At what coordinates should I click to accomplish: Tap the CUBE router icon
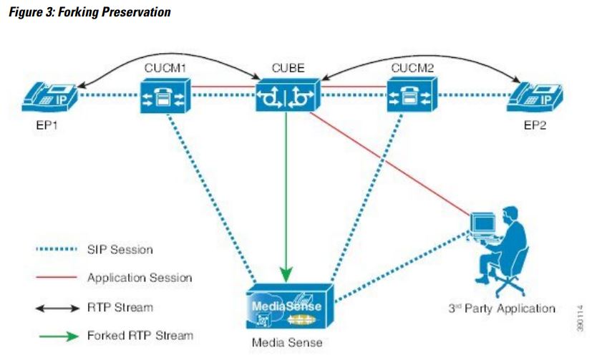tap(287, 95)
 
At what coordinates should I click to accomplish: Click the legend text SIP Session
tap(120, 250)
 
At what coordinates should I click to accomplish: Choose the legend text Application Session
tap(140, 277)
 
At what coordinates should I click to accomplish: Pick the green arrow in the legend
tap(57, 334)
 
